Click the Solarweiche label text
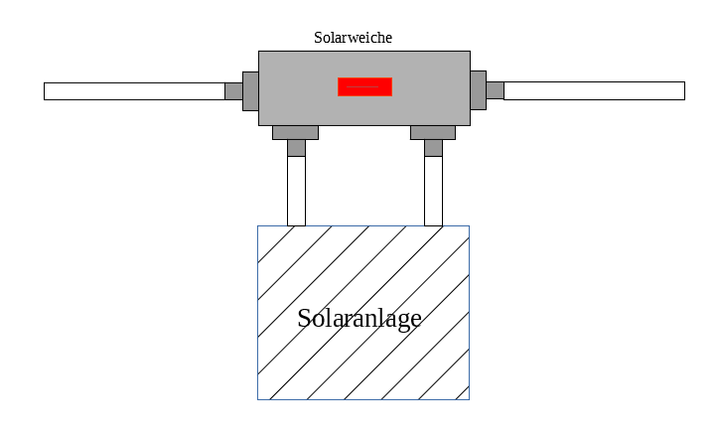[x=353, y=38]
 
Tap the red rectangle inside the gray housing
[x=364, y=86]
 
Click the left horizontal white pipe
[x=134, y=91]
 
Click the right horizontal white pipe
[x=594, y=91]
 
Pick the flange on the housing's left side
[x=250, y=90]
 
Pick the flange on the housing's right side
[x=478, y=90]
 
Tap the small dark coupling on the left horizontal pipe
[x=233, y=91]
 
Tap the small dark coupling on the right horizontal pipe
[x=495, y=90]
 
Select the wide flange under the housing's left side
[x=295, y=132]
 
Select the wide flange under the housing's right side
[x=433, y=132]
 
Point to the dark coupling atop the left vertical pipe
[x=296, y=148]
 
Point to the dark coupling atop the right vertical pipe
[x=433, y=148]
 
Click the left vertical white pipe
[x=296, y=191]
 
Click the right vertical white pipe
[x=433, y=191]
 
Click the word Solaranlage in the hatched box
[x=360, y=319]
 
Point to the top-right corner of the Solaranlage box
[x=469, y=226]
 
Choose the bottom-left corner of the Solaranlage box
[x=258, y=399]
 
